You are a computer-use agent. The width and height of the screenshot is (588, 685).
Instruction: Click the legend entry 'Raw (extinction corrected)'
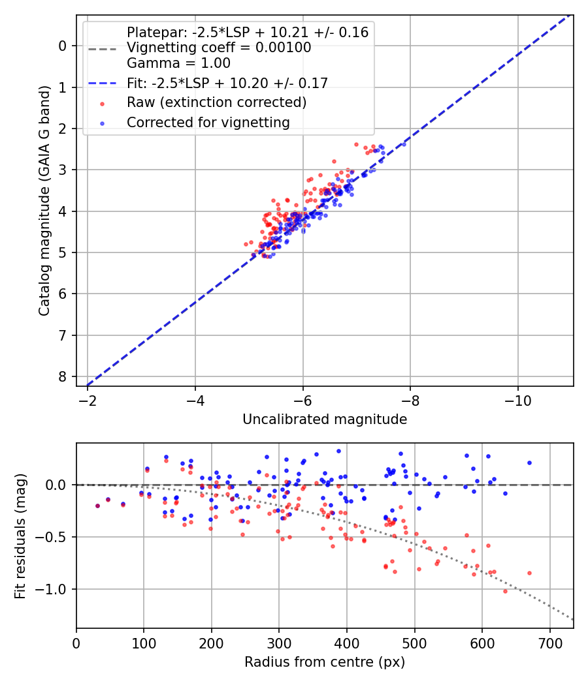tap(216, 102)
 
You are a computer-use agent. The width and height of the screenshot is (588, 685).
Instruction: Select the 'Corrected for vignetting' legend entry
tap(208, 122)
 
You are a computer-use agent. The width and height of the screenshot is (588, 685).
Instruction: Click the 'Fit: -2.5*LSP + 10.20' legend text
tap(227, 83)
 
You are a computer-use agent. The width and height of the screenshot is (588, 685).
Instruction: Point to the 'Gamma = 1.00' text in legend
tap(178, 63)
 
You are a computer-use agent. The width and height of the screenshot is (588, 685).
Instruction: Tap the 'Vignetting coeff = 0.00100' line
tap(219, 48)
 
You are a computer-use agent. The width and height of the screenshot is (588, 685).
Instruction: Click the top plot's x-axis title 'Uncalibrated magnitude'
tap(325, 419)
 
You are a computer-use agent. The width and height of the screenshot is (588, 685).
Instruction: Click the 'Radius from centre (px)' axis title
tap(325, 662)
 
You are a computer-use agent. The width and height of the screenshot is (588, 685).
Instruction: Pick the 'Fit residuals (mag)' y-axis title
tap(20, 536)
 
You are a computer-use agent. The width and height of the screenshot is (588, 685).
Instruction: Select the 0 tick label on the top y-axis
tap(63, 46)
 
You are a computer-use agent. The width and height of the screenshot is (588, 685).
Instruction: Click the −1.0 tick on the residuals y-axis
tap(52, 589)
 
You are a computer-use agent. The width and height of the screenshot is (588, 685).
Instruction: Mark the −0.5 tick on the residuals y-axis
tap(52, 537)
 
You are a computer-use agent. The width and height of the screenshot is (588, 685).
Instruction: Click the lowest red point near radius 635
tap(505, 591)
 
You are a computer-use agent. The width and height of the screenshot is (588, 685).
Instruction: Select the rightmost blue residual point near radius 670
tap(529, 463)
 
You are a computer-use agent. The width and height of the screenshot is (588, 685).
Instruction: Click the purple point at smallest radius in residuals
tap(97, 506)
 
